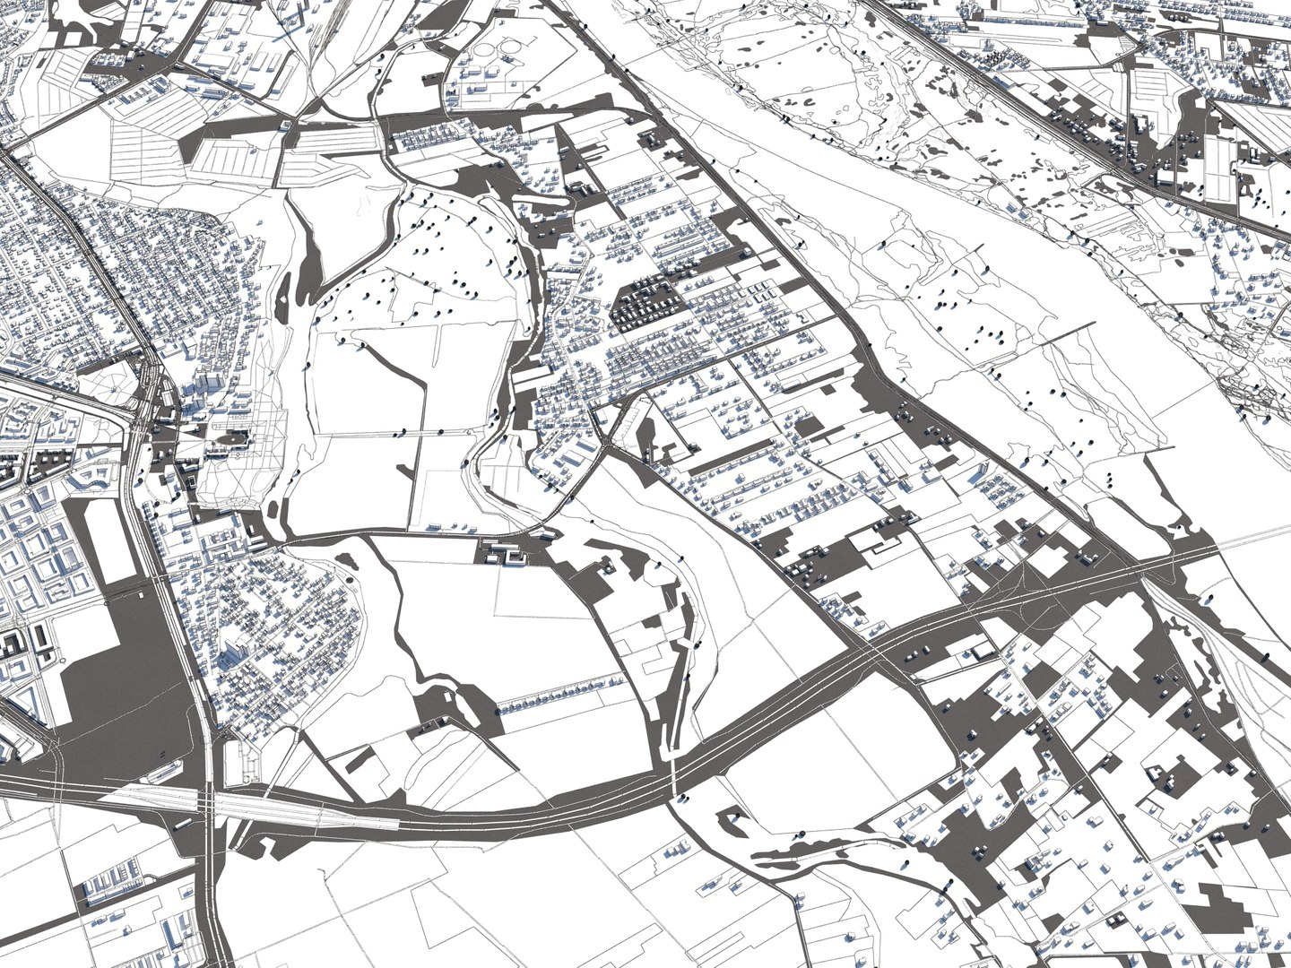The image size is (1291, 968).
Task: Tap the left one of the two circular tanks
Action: [490, 54]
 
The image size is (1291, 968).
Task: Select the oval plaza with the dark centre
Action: [235, 440]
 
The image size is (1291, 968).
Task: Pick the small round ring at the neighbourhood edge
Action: [349, 581]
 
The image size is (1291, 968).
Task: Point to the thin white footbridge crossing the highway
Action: [674, 771]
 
